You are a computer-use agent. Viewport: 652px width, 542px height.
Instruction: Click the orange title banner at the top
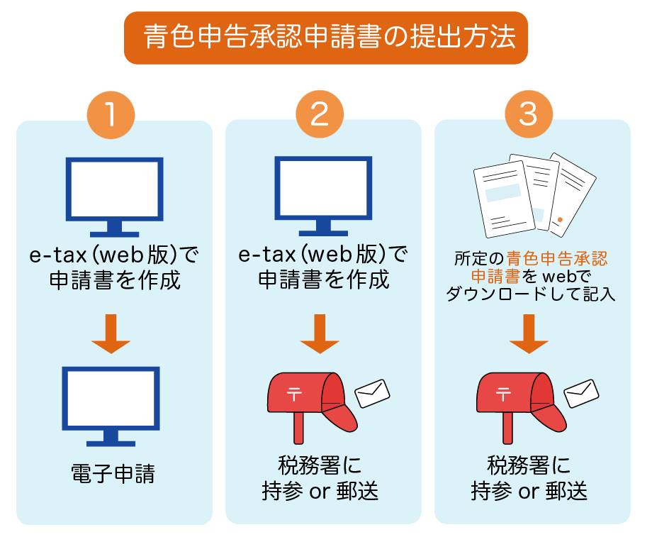click(x=326, y=38)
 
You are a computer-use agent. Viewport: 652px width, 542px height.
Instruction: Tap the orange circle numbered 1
click(x=111, y=114)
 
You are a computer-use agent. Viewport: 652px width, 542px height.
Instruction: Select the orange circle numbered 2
click(x=319, y=114)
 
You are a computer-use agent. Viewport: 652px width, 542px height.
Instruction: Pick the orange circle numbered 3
click(x=527, y=114)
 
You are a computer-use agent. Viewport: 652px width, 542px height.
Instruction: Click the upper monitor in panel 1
click(x=114, y=192)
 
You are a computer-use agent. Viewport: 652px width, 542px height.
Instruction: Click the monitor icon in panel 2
click(x=323, y=192)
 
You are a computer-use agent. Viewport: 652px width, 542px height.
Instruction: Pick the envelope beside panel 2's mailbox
click(x=373, y=392)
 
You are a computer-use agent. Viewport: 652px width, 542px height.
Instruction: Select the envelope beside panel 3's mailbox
click(x=581, y=392)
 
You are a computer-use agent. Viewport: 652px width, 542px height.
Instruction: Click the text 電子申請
click(x=113, y=473)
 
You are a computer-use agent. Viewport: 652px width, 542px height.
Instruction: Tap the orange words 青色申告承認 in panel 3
click(x=557, y=258)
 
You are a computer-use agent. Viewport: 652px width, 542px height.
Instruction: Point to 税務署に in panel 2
click(x=320, y=467)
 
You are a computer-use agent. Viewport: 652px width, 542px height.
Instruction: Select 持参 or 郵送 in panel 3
click(x=529, y=491)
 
